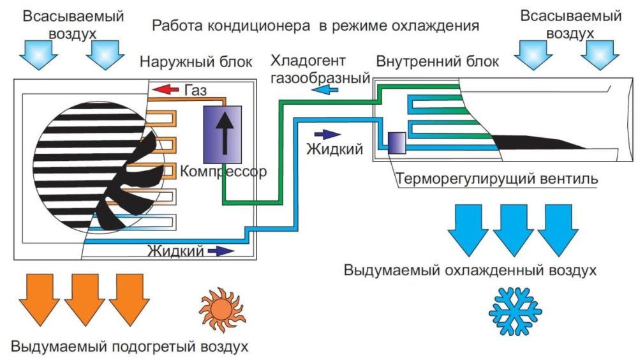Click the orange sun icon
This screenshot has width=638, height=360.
222,310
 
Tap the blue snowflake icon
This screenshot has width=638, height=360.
515,311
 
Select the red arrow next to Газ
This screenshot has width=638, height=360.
165,89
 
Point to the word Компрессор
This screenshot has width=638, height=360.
223,172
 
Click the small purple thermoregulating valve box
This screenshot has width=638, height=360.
397,143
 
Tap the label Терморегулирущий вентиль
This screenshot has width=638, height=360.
497,179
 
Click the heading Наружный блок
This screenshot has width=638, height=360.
196,62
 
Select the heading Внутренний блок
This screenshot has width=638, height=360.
438,61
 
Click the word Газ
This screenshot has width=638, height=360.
196,90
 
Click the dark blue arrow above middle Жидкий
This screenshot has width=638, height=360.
327,135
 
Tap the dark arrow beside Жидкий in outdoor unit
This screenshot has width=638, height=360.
221,251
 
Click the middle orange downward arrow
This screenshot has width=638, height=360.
85,299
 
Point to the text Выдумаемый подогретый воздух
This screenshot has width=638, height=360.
130,347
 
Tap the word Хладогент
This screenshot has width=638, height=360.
308,61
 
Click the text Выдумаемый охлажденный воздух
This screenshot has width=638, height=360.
470,270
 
